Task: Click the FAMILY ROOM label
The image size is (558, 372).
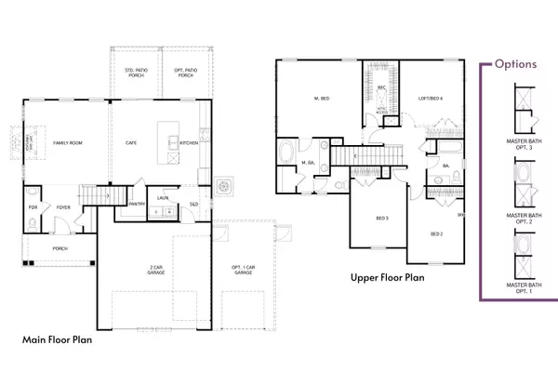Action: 67,143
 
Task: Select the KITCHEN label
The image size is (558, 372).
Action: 189,143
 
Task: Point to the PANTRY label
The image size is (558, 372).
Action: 135,203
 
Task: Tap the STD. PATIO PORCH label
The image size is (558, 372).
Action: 137,73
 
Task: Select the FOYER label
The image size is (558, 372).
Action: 62,208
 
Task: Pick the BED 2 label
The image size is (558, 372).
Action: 437,234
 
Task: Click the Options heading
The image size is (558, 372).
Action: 515,64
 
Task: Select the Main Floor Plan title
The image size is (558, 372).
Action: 57,340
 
